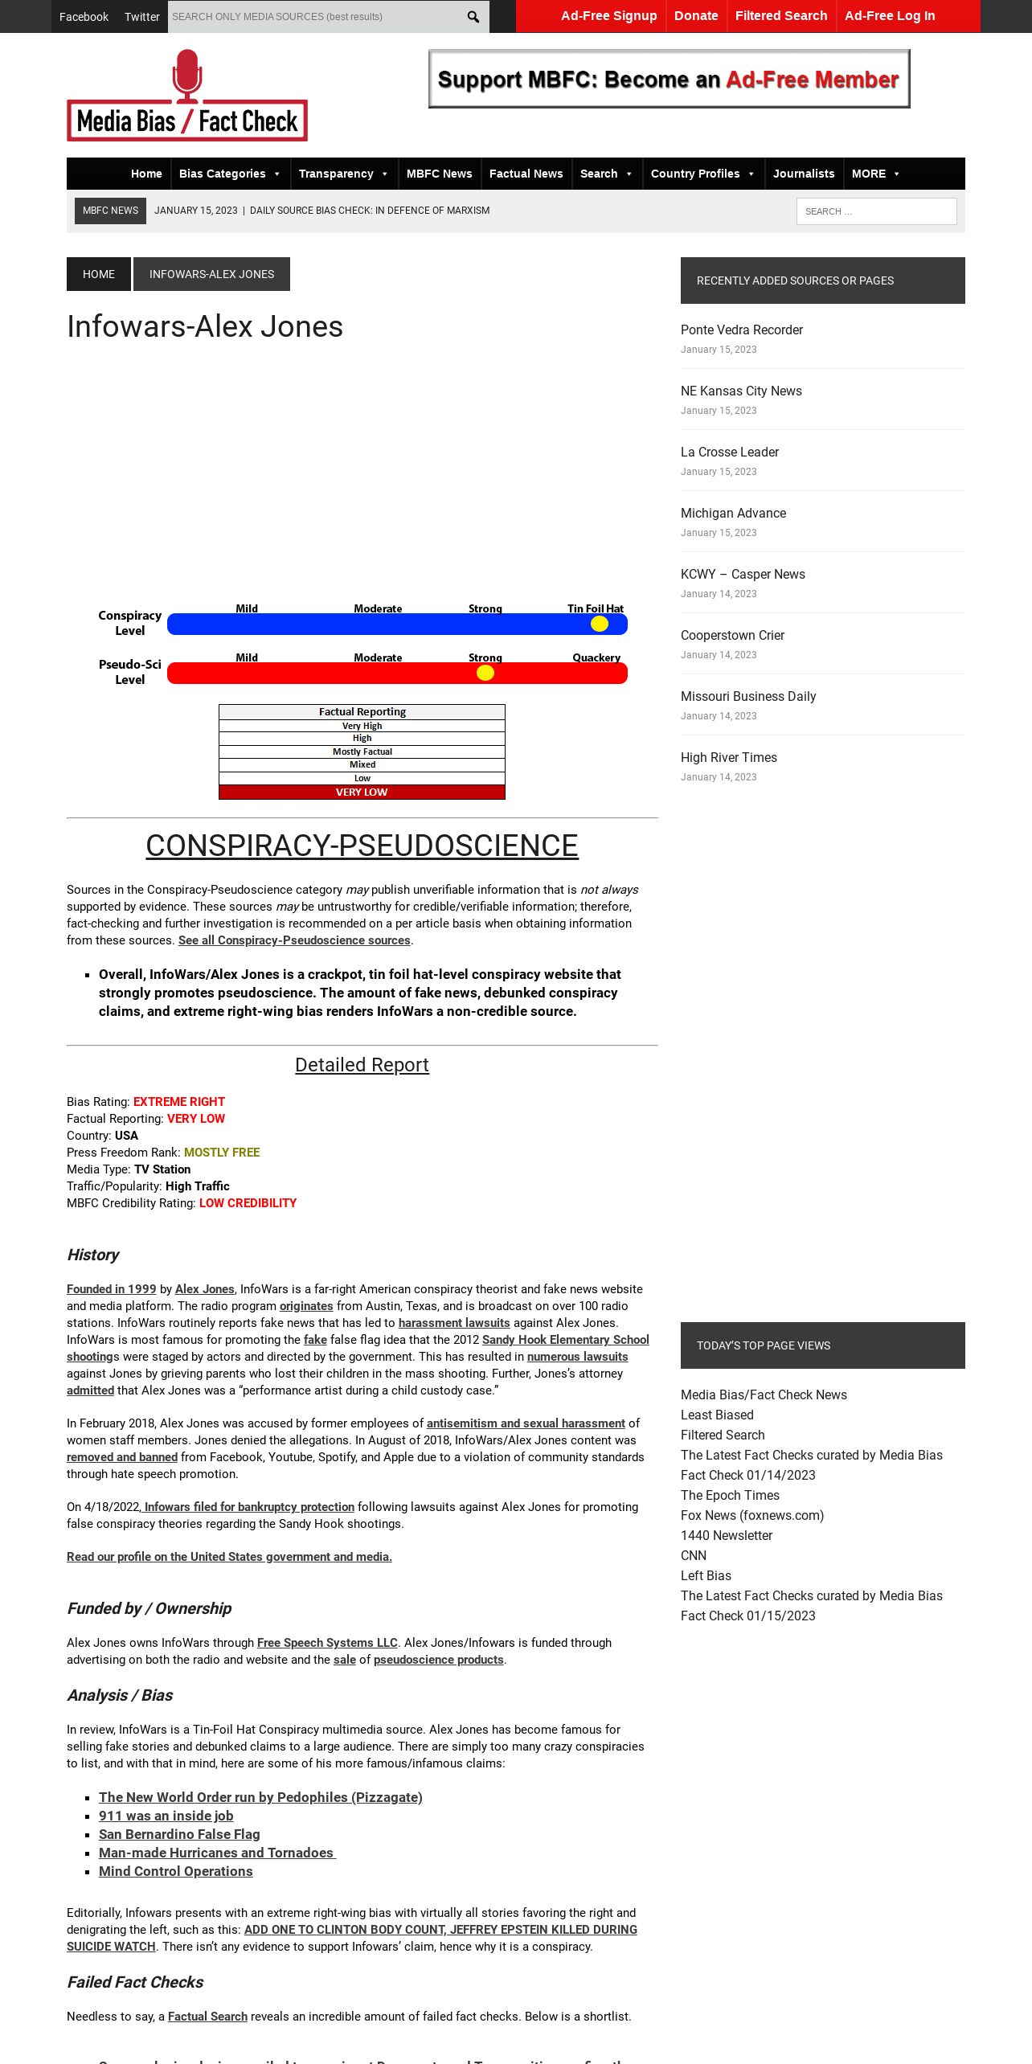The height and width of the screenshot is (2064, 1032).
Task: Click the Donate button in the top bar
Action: (x=696, y=16)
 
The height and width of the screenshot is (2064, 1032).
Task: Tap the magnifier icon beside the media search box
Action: (x=473, y=17)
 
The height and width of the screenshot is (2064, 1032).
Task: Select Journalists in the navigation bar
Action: (x=804, y=174)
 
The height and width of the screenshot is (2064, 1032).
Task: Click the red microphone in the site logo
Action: (x=187, y=74)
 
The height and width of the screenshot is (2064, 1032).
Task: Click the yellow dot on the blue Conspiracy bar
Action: (x=600, y=624)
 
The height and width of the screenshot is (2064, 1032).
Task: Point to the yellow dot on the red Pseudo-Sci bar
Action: (x=485, y=673)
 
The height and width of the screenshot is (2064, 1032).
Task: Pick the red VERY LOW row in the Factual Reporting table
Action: (x=362, y=792)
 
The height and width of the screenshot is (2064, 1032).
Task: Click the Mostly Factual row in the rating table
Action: (x=362, y=751)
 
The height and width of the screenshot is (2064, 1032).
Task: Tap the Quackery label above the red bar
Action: (x=596, y=657)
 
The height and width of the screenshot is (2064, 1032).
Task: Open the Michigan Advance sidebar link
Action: (x=733, y=513)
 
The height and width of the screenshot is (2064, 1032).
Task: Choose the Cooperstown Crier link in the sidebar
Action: (x=732, y=635)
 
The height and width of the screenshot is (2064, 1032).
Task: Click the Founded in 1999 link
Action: (x=111, y=1289)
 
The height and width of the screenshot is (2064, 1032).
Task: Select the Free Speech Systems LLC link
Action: (x=327, y=1643)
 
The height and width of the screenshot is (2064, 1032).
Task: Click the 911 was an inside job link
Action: (x=166, y=1816)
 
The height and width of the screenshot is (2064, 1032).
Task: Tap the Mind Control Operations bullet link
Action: (x=175, y=1871)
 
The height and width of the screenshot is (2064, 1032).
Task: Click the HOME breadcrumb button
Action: (x=99, y=274)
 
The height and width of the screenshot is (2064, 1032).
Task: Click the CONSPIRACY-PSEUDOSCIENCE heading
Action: (x=362, y=846)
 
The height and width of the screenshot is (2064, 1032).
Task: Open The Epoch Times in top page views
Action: (x=730, y=1495)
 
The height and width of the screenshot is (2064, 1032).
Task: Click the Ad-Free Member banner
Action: (x=669, y=79)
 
